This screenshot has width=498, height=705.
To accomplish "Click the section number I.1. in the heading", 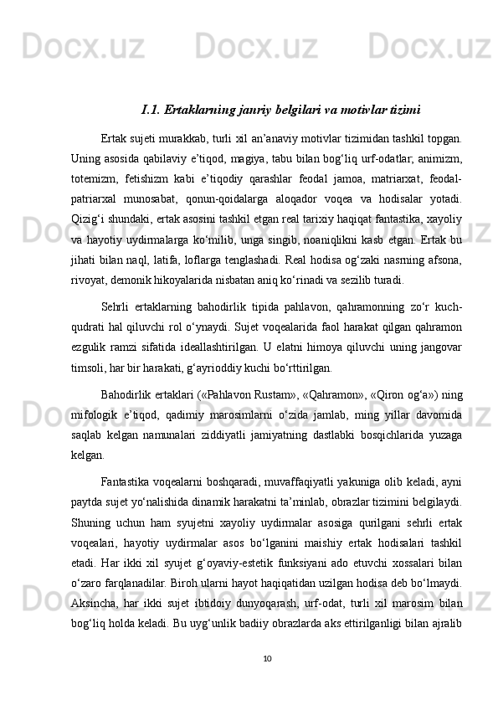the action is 151,109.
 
